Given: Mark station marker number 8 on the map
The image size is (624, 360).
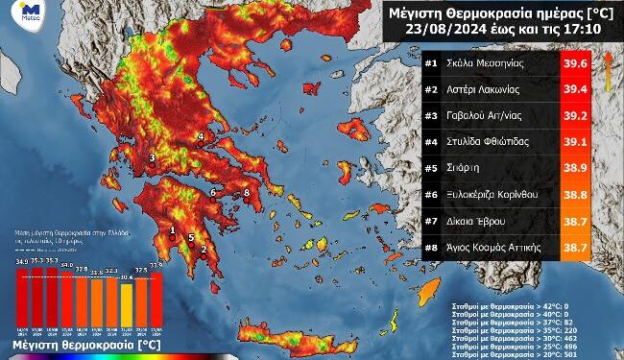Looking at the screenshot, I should tap(247, 193).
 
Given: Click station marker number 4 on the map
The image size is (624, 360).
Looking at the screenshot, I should tap(200, 137).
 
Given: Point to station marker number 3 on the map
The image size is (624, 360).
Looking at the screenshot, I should tap(152, 158).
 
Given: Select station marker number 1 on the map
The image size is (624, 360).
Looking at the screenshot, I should tap(173, 230).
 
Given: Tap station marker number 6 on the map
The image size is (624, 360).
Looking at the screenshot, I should tap(213, 193).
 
